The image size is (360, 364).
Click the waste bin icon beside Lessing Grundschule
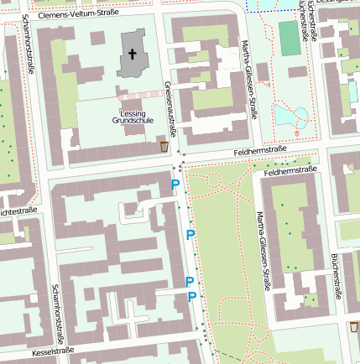[x=164, y=147]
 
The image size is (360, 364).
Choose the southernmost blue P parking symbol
[x=192, y=297]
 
